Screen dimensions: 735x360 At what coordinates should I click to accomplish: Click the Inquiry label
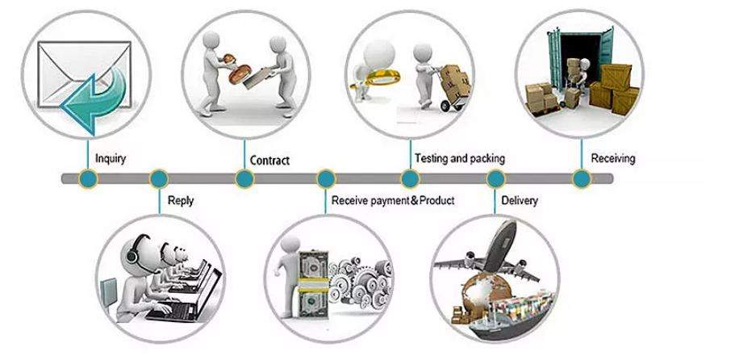111,158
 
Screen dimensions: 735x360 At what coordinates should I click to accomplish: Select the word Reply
181,200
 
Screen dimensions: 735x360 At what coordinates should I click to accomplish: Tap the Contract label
269,160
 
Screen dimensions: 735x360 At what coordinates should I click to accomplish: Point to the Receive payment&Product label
393,200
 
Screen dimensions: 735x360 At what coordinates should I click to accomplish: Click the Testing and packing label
459,158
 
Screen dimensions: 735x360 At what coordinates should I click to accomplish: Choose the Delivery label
520,199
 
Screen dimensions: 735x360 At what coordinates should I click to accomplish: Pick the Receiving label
612,158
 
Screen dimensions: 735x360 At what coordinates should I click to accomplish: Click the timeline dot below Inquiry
88,178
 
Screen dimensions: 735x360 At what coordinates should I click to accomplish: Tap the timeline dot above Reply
158,178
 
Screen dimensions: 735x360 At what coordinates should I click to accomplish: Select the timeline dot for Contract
244,178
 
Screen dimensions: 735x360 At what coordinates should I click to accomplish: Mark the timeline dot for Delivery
495,178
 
